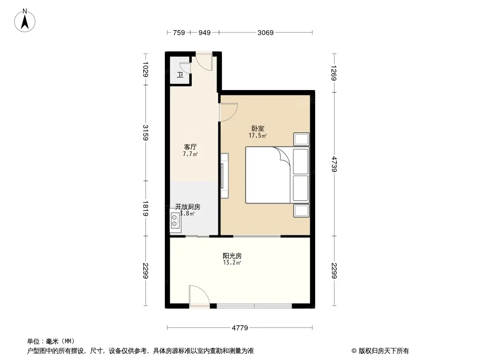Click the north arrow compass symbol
(x=25, y=21)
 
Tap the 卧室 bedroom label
(x=258, y=129)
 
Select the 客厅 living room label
(x=190, y=147)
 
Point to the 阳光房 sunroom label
(x=232, y=256)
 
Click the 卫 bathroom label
(x=180, y=75)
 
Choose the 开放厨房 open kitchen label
(x=188, y=207)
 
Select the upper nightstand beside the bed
(x=301, y=139)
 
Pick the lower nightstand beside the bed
(x=301, y=211)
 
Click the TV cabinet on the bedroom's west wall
(x=224, y=175)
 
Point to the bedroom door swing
(x=228, y=112)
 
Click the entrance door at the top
(x=204, y=62)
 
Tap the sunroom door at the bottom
(x=199, y=296)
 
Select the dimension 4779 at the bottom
(x=240, y=328)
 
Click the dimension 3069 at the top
(x=265, y=32)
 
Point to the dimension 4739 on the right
(x=334, y=164)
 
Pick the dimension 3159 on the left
(x=146, y=133)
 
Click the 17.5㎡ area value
(x=258, y=135)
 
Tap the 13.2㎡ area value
(x=232, y=262)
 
